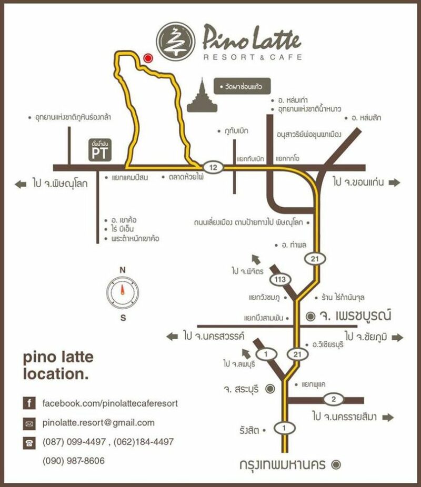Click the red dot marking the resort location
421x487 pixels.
click(x=148, y=58)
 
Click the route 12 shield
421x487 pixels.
click(x=213, y=167)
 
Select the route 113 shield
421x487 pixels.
click(x=280, y=279)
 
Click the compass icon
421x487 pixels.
click(x=122, y=291)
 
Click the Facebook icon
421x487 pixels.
click(x=29, y=404)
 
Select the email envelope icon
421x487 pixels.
click(x=29, y=423)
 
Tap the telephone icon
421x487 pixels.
click(x=29, y=442)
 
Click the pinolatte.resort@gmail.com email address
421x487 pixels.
click(x=98, y=423)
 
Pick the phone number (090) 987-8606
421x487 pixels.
click(x=73, y=461)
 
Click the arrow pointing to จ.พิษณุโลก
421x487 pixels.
click(x=21, y=184)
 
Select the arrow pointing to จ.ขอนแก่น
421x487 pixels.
click(x=395, y=182)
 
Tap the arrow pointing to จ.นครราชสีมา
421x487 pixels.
click(x=388, y=418)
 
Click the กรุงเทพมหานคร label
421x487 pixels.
click(x=284, y=465)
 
